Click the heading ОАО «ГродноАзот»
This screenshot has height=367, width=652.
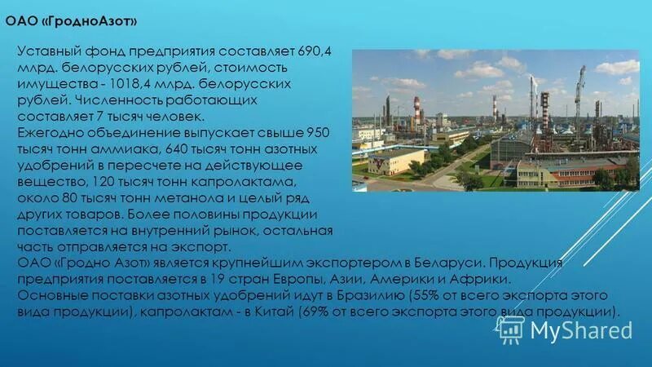coord(71,19)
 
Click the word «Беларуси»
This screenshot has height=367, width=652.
coord(456,264)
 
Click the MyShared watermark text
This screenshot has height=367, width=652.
coord(581,330)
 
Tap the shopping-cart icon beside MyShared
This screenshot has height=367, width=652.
coord(510,329)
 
